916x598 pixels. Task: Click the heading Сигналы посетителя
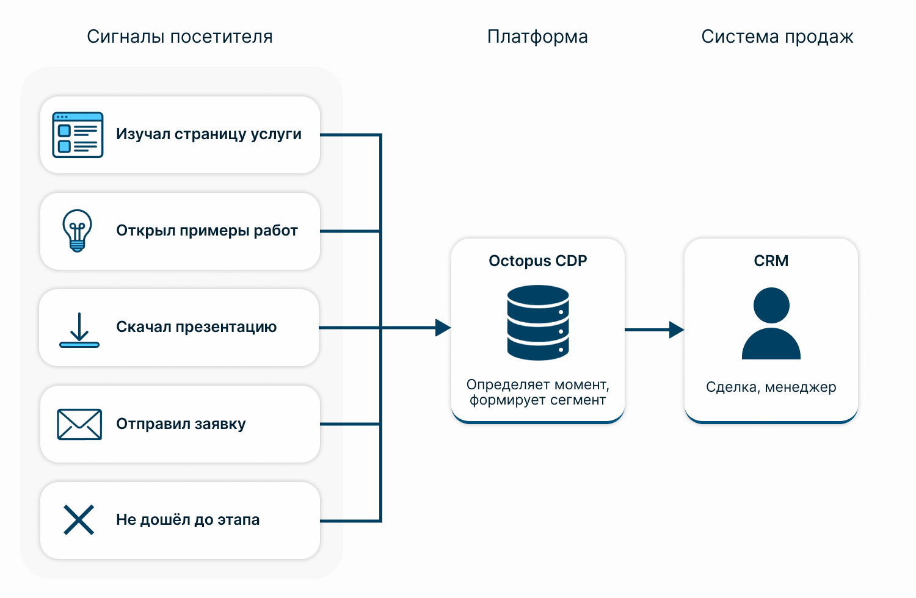(x=180, y=37)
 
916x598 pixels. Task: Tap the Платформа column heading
(x=537, y=37)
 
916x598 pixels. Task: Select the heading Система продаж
(x=777, y=37)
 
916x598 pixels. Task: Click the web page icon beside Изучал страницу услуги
(x=78, y=135)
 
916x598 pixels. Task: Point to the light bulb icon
(x=78, y=231)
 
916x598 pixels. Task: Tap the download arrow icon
(x=79, y=330)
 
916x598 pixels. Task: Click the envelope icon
(x=79, y=424)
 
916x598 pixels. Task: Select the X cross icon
(x=79, y=520)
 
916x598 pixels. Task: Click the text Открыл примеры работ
(x=207, y=231)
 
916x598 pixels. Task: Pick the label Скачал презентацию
(x=196, y=327)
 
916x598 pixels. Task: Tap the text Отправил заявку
(x=181, y=424)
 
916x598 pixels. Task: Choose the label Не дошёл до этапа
(x=187, y=520)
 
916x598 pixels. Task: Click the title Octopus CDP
(x=538, y=261)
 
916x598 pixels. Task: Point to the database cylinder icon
(x=538, y=323)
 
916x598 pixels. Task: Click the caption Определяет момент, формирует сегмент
(x=538, y=392)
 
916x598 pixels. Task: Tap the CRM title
(x=771, y=261)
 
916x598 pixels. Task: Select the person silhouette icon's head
(x=771, y=305)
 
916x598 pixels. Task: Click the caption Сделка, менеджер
(x=771, y=387)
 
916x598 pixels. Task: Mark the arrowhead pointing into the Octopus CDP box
(x=443, y=328)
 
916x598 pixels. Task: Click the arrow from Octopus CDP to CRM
(x=654, y=330)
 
